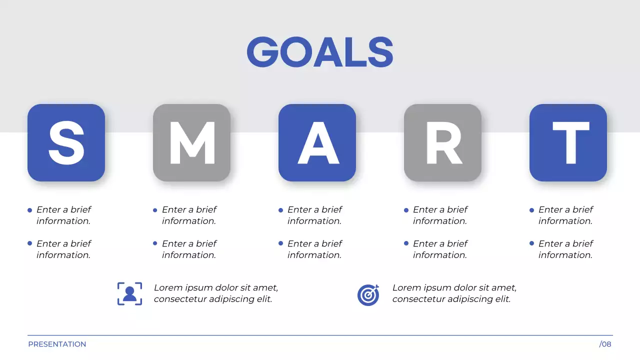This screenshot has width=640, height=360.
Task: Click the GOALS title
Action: coord(320,52)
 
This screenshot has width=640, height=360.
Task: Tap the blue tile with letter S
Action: coord(66,142)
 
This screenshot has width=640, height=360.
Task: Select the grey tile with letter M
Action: coord(191,142)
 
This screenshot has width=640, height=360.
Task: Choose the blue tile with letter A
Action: coord(317,142)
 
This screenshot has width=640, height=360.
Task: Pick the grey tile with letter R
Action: coord(442,142)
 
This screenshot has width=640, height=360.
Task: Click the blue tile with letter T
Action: coord(568,142)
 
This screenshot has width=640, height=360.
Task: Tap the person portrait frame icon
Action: coord(129,293)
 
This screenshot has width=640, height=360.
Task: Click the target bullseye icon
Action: coord(368,294)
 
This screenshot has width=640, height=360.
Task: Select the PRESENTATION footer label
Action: coord(57,344)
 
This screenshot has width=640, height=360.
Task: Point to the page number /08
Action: coord(605,344)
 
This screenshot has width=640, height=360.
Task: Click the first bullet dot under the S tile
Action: coord(30,210)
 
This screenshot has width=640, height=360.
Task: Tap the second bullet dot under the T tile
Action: coord(531,243)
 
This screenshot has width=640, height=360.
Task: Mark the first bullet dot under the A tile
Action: coord(280,210)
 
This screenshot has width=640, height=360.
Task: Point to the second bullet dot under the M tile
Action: coord(155,243)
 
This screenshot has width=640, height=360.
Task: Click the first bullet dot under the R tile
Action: coord(406,210)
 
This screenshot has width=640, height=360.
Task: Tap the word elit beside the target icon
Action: coord(501,299)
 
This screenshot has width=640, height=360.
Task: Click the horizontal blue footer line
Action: coord(320,335)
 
